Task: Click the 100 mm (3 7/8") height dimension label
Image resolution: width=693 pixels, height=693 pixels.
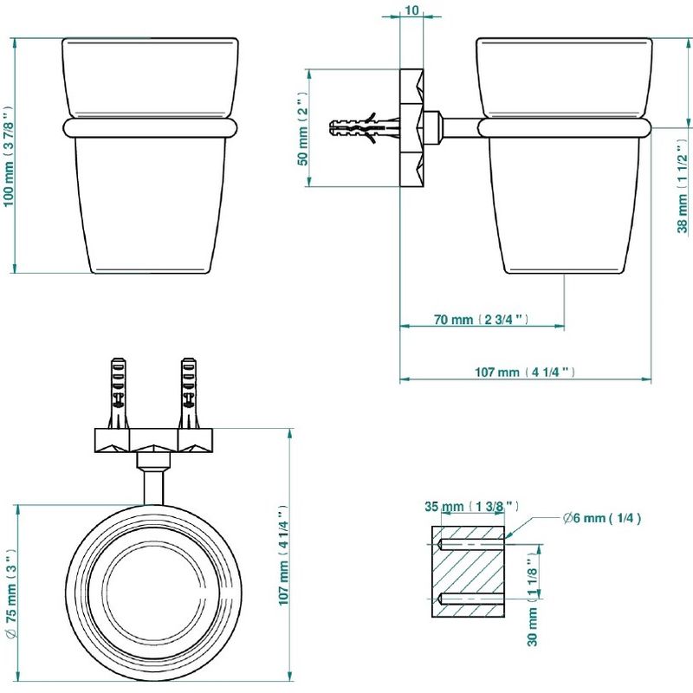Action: tap(10, 156)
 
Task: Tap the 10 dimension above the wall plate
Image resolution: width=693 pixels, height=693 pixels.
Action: tap(411, 10)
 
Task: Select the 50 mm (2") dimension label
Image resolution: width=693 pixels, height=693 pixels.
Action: tap(302, 128)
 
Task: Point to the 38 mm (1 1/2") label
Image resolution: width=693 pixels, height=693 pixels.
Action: tap(683, 186)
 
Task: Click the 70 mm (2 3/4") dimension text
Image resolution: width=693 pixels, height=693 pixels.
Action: tap(481, 319)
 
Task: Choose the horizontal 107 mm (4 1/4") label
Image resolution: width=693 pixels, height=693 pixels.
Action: tap(525, 372)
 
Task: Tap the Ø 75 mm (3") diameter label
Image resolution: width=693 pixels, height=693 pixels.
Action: tap(11, 593)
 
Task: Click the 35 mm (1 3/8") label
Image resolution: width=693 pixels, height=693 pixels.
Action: tap(472, 506)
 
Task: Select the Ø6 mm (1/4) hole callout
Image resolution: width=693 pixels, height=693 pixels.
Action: tap(602, 517)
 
